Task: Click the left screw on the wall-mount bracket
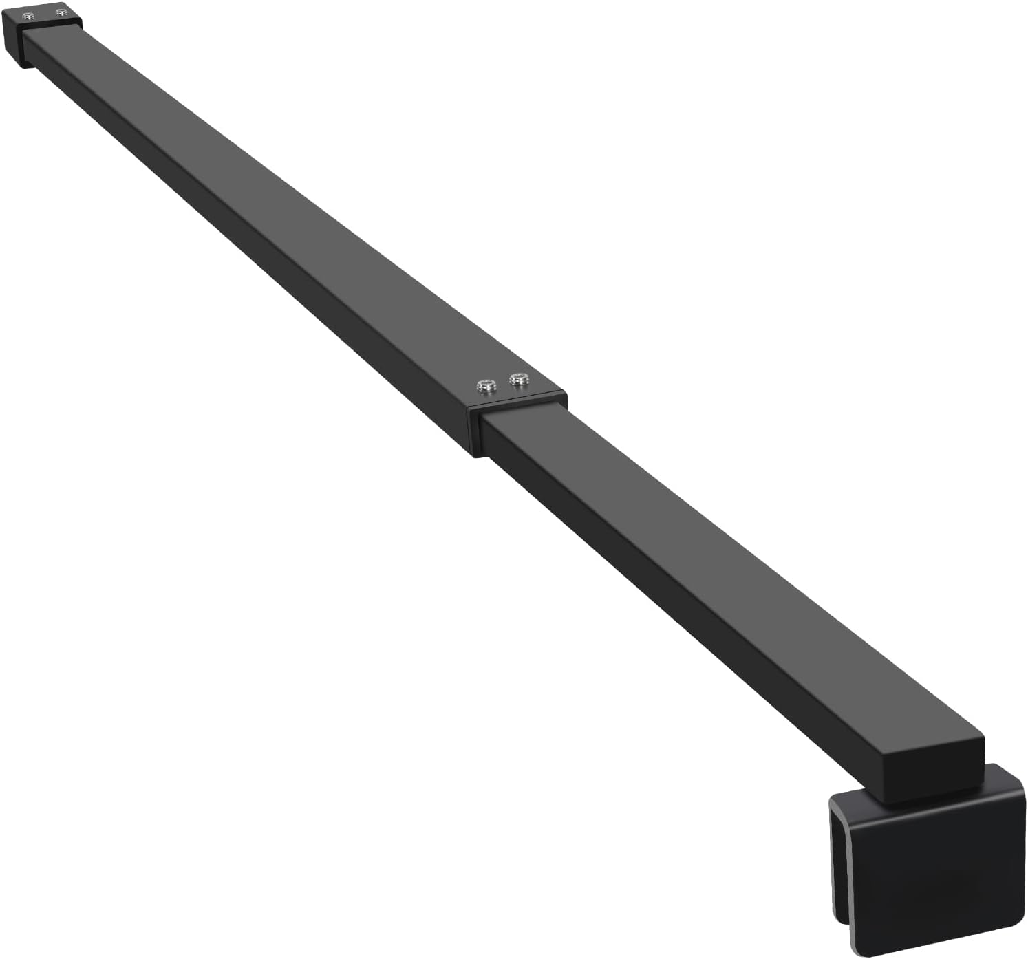tap(28, 16)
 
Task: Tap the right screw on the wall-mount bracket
tap(61, 12)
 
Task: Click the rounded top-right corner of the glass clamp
tap(1016, 777)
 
